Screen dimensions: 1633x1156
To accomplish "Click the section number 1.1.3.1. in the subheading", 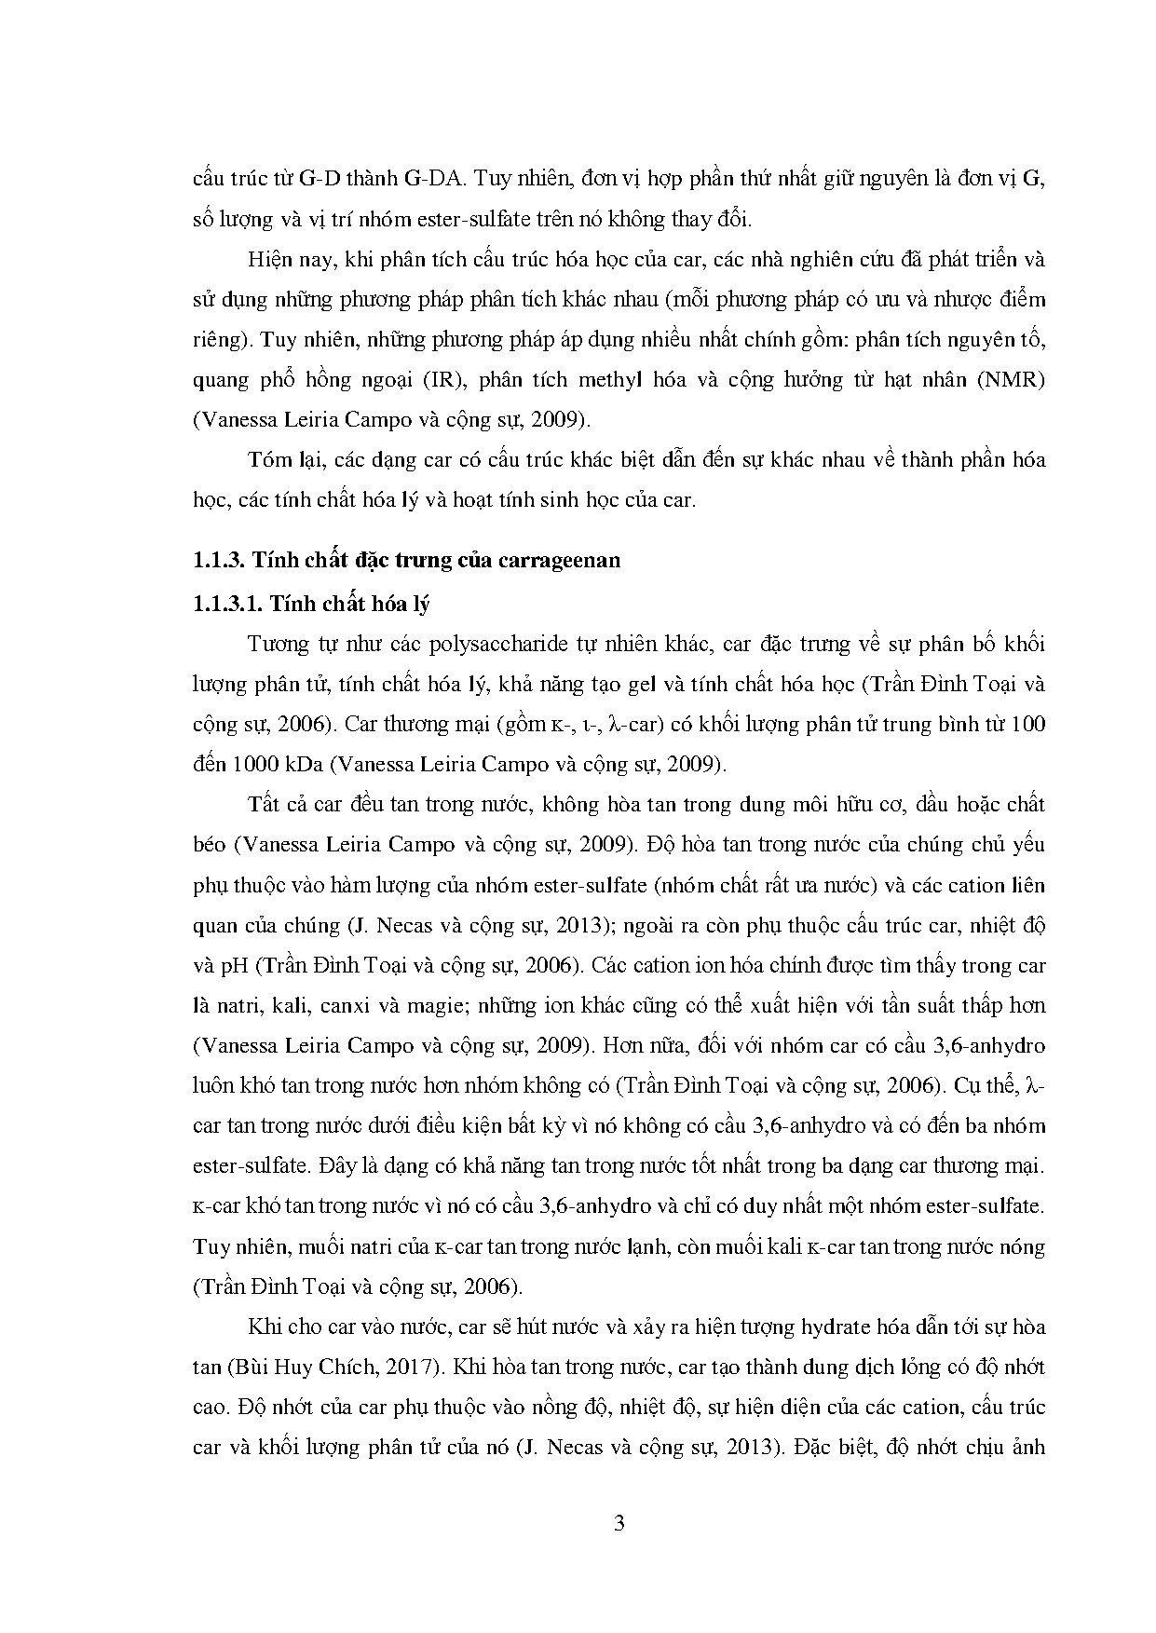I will [x=228, y=604].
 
